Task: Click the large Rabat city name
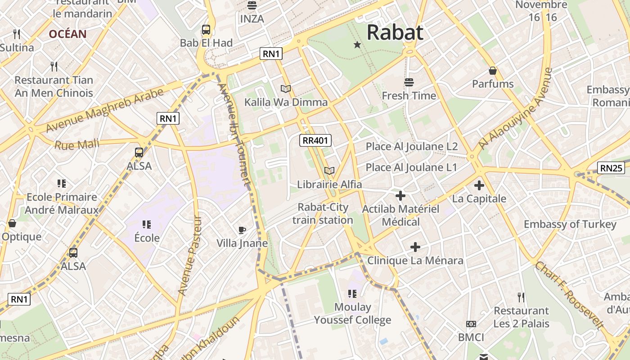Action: tap(395, 32)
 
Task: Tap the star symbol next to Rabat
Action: tap(357, 45)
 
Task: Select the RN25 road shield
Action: tap(611, 168)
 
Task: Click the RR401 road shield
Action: tap(315, 140)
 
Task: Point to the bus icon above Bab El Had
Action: tap(206, 30)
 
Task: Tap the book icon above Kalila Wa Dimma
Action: tap(286, 89)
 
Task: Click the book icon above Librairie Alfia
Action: tap(329, 171)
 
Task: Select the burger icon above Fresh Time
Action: tap(409, 82)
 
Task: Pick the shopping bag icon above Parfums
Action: tap(493, 71)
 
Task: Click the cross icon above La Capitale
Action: tap(479, 185)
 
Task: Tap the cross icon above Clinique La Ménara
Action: tap(415, 247)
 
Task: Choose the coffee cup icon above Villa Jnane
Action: tap(242, 230)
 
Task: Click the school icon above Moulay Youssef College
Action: tap(352, 294)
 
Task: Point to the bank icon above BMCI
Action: tap(471, 324)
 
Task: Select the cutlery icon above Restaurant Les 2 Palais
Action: tap(521, 297)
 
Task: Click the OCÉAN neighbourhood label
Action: tap(67, 34)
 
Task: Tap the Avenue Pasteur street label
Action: tap(190, 256)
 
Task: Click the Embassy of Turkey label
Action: tap(570, 224)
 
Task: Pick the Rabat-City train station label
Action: tap(323, 214)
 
